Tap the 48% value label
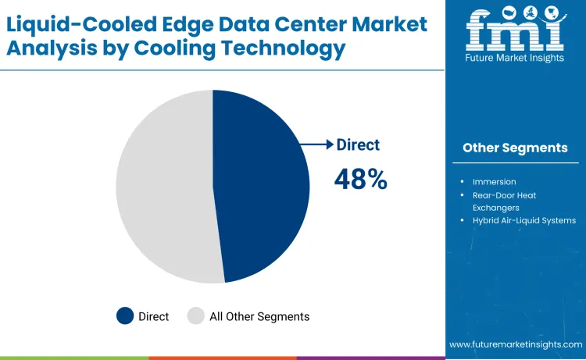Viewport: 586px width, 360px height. coord(360,179)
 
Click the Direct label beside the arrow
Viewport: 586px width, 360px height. coord(358,144)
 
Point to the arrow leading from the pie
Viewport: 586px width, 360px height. coord(317,144)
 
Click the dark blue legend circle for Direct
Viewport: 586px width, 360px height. coord(125,316)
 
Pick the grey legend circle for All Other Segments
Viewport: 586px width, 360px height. coord(196,316)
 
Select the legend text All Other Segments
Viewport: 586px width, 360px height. coord(259,316)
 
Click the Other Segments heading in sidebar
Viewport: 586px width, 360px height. coord(515,148)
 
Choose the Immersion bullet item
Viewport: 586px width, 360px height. coord(494,182)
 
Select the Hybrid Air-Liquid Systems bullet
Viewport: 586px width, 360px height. coord(523,221)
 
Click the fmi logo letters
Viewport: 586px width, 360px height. coord(514,31)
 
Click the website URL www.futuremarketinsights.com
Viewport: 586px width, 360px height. coord(516,344)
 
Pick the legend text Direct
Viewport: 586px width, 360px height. coord(154,316)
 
